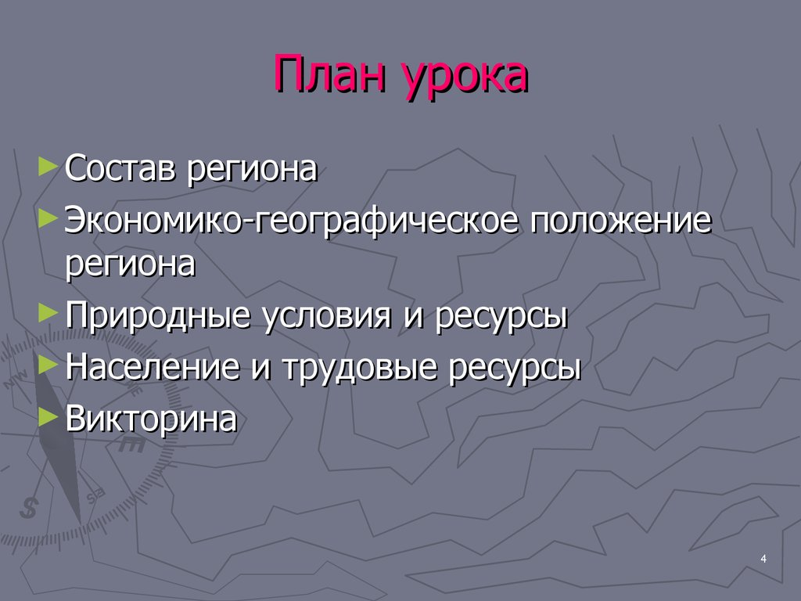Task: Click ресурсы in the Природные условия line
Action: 501,318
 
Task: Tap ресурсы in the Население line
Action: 514,369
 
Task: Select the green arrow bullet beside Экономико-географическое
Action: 48,217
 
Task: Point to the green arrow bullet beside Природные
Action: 48,313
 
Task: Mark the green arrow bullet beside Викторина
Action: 48,414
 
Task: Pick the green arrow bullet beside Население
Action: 48,364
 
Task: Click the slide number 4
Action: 763,557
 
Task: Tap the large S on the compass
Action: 30,507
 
